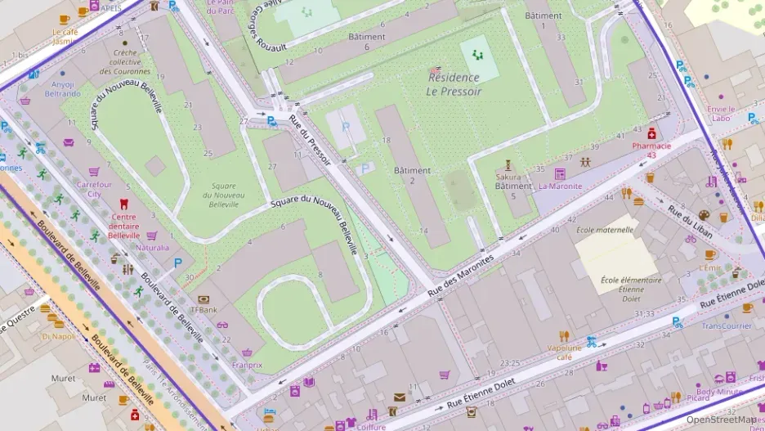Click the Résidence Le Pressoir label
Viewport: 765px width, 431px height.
[454, 84]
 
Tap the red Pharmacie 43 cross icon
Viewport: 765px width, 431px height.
[651, 133]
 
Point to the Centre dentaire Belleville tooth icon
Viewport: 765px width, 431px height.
[124, 204]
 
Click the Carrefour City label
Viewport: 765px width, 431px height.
[94, 189]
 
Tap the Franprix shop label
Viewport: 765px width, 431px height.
[247, 365]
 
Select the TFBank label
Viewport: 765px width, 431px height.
[204, 310]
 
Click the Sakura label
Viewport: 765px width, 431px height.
[508, 177]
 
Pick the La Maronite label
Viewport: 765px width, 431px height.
[560, 186]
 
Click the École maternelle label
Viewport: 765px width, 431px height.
[605, 230]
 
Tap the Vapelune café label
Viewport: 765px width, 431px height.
[564, 352]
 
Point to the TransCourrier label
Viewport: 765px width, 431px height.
[726, 325]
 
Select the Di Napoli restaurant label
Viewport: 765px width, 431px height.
[58, 335]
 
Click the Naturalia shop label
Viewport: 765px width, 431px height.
[152, 247]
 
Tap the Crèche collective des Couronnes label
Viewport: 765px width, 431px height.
[125, 61]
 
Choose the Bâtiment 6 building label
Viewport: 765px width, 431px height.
[366, 42]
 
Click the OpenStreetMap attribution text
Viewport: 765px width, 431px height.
[721, 420]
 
